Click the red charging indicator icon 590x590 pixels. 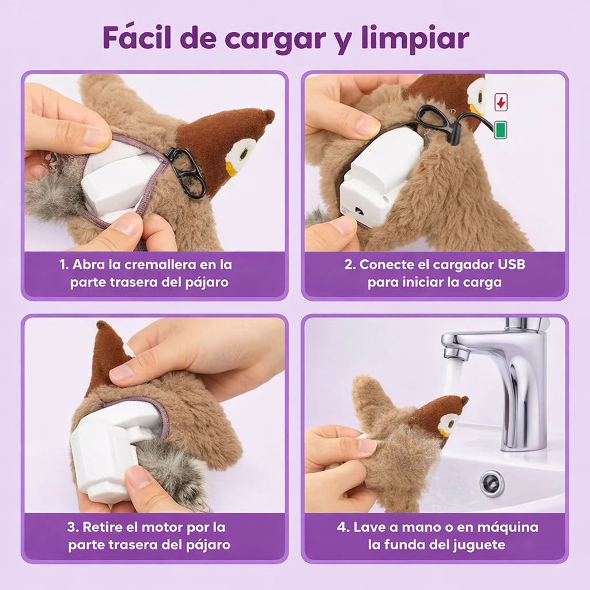[x=501, y=103]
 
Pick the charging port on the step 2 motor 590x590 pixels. [x=358, y=212]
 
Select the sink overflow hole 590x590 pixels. [x=492, y=483]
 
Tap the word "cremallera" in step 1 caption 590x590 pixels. [x=171, y=265]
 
